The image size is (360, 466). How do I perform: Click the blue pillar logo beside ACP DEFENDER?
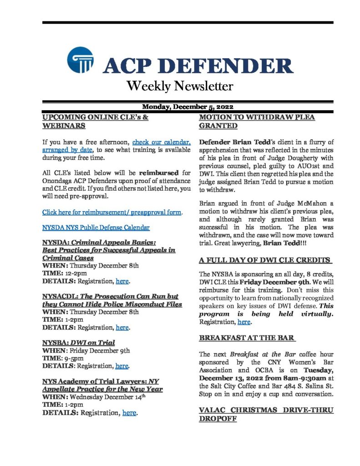[x=81, y=60]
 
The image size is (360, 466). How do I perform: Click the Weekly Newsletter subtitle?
[x=180, y=86]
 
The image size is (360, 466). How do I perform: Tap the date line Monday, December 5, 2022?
[x=188, y=107]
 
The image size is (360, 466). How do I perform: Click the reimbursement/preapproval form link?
[x=112, y=213]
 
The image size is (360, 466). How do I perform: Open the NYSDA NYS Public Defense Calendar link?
[x=96, y=227]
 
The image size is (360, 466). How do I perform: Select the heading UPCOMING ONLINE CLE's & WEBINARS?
[x=95, y=121]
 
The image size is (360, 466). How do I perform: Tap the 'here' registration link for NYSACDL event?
[x=122, y=327]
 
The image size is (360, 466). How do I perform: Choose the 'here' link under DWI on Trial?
[x=122, y=365]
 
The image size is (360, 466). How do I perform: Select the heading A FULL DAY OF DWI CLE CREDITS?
[x=265, y=260]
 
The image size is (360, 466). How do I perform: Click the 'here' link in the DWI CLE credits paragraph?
[x=244, y=322]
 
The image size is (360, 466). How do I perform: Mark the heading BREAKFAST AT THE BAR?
[x=248, y=338]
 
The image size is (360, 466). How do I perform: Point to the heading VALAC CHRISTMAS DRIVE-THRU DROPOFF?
[x=266, y=414]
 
